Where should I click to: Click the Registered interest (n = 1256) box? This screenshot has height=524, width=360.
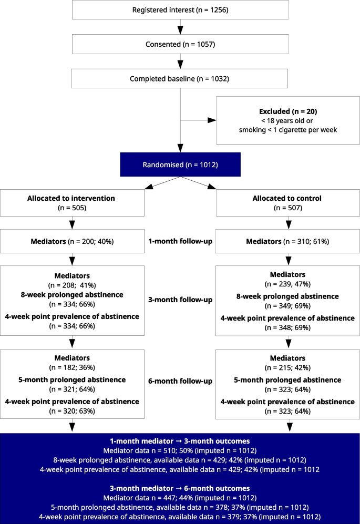pos(180,9)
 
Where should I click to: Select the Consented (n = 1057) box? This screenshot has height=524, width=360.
pos(180,44)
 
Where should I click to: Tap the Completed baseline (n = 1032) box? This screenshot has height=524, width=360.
pos(180,79)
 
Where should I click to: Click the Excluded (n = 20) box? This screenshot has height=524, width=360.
pos(288,120)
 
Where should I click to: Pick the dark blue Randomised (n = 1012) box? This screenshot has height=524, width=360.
pos(180,166)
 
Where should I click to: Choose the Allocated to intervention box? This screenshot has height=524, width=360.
pos(72,203)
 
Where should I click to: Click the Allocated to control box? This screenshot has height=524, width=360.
pos(287,203)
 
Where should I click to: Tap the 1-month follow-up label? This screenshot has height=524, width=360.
pos(180,241)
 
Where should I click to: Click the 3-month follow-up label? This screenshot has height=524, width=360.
pos(180,300)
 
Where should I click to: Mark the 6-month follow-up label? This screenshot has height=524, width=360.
pos(180,381)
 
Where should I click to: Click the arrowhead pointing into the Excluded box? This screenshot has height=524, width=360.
pos(212,120)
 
